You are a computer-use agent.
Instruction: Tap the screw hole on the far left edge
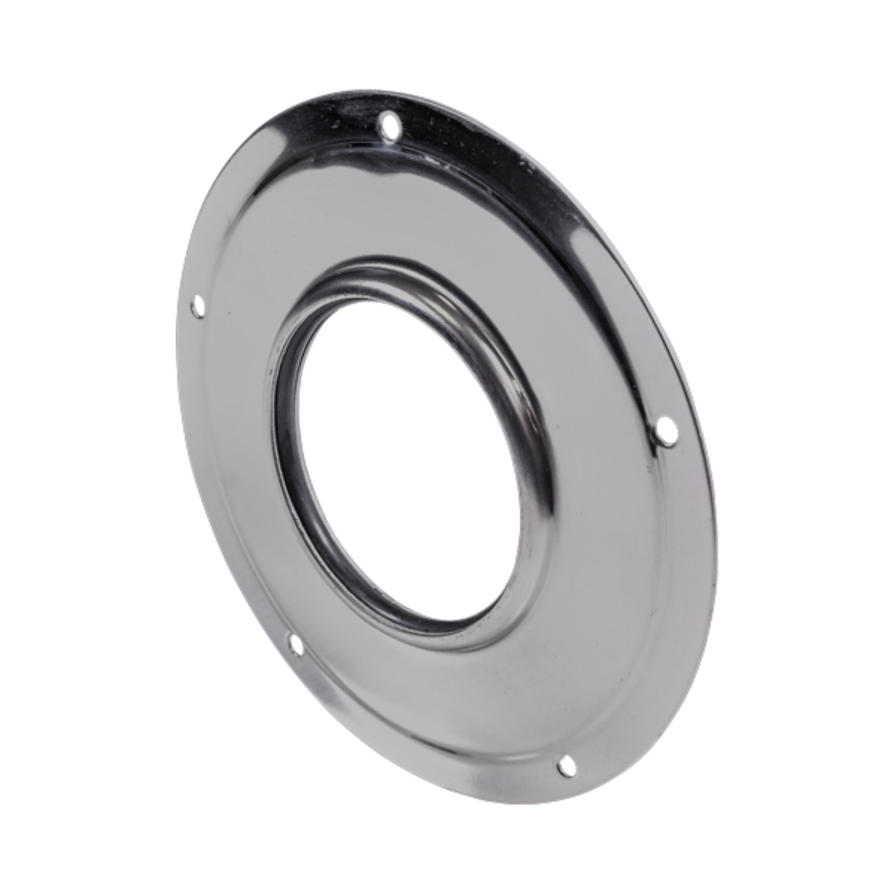point(198,305)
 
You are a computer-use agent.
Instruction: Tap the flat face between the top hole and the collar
point(391,196)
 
